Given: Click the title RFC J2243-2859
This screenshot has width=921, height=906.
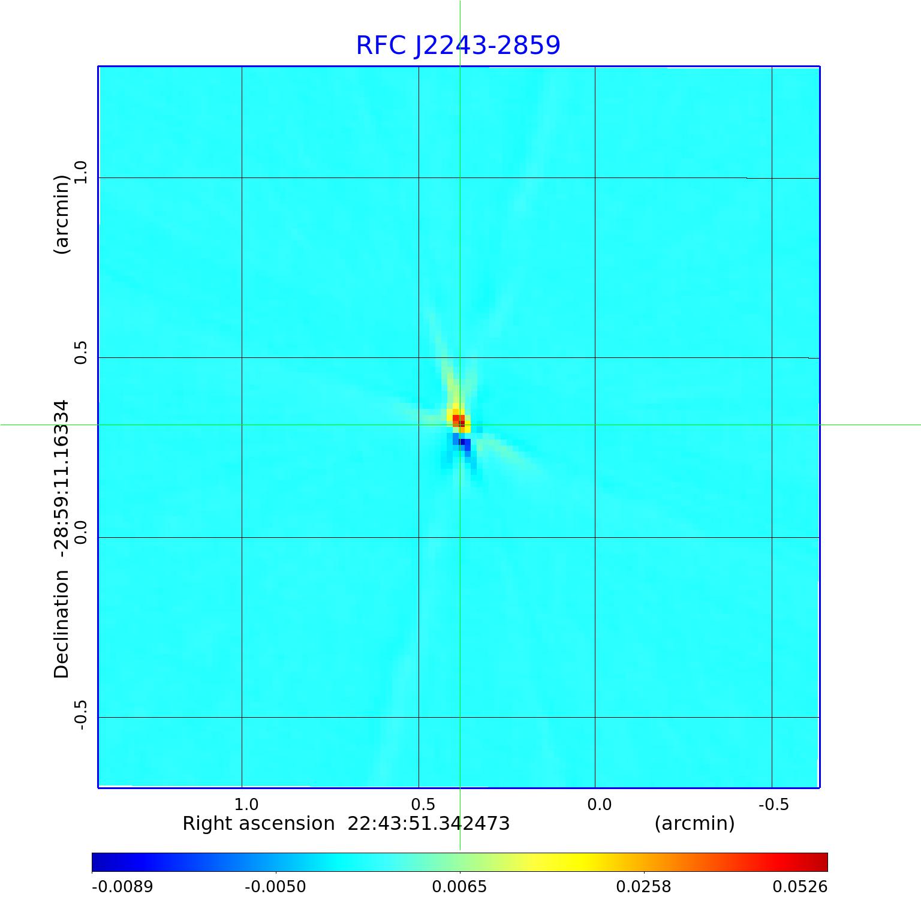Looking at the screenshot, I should (x=458, y=46).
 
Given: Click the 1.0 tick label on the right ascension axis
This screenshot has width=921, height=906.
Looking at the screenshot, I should (x=246, y=804).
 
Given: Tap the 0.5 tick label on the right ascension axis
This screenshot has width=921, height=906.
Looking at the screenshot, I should (x=423, y=804).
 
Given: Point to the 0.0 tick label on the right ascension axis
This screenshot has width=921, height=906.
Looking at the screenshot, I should (x=599, y=804).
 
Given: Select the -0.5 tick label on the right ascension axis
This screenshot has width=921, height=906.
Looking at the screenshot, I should (x=773, y=804).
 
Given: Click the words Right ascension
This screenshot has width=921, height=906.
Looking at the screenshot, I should (x=258, y=824).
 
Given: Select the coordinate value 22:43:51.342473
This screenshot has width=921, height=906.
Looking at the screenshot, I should (x=429, y=824).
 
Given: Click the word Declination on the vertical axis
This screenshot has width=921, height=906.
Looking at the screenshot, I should (x=62, y=624).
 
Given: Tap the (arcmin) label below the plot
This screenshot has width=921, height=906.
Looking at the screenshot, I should (x=694, y=824).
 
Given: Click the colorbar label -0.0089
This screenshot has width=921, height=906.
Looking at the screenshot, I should (x=122, y=887).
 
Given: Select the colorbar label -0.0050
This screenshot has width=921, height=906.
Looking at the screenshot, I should (x=276, y=887).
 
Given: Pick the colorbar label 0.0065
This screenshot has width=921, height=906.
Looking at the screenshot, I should (x=459, y=887).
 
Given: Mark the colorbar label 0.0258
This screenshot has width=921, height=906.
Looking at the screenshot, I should (x=643, y=887).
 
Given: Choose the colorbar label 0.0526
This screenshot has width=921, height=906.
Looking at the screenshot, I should (x=800, y=887).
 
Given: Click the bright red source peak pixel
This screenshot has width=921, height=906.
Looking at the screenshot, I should (x=457, y=419).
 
